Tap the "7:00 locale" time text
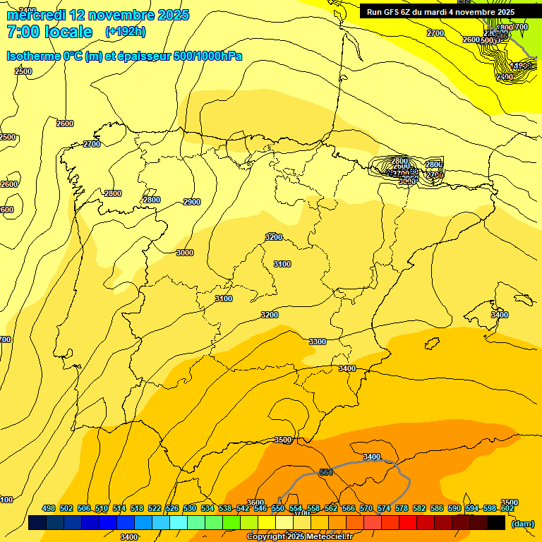(x=49, y=32)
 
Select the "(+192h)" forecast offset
(x=126, y=32)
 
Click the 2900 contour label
(x=191, y=202)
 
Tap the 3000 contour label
(x=185, y=253)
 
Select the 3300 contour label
(x=318, y=342)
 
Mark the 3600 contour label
(x=255, y=502)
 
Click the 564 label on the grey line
(x=326, y=472)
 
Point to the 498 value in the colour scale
(x=49, y=508)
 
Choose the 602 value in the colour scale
(x=507, y=508)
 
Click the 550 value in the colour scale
(x=278, y=508)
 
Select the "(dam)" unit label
(x=522, y=524)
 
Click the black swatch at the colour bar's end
(x=496, y=523)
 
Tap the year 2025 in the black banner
(x=504, y=12)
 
